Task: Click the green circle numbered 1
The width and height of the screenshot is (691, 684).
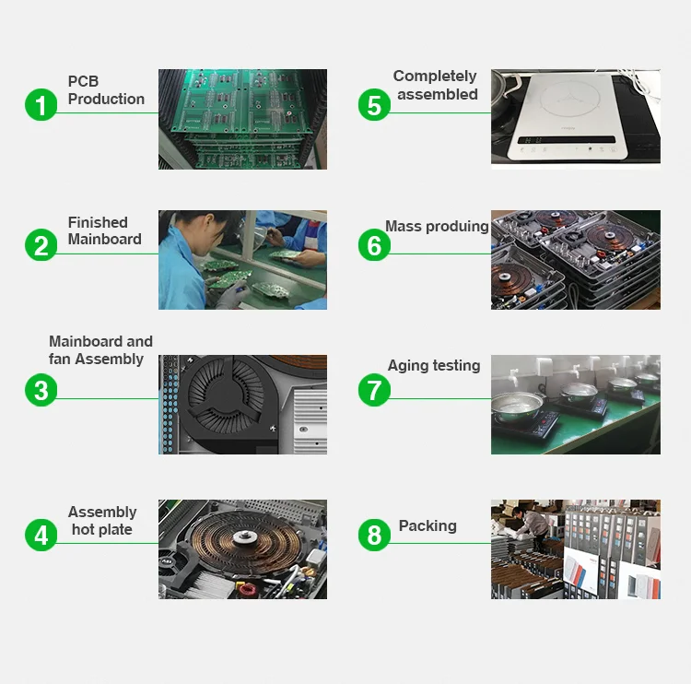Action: [x=41, y=104]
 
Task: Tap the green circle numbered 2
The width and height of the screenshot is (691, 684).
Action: [x=41, y=246]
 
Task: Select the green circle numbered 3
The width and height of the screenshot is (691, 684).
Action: [x=41, y=389]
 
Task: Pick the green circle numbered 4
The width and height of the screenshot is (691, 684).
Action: [x=41, y=534]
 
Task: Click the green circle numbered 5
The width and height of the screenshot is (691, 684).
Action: [x=374, y=104]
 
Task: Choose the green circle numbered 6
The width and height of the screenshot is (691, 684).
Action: [x=374, y=246]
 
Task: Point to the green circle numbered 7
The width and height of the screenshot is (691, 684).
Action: [x=374, y=389]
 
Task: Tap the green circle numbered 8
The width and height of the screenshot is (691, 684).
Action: [x=374, y=534]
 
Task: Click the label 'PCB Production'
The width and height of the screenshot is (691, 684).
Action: [x=105, y=90]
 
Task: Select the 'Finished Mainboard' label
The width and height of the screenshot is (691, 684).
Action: [x=104, y=230]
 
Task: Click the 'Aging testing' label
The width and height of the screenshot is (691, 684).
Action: [x=434, y=366]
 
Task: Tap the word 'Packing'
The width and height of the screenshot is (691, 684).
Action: [x=427, y=525]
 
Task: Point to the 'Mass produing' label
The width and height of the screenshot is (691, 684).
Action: [x=437, y=227]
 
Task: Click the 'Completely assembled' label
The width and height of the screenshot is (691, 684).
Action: [x=436, y=85]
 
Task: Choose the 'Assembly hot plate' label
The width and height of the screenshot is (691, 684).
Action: [x=101, y=521]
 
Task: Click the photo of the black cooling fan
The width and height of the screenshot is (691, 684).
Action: [x=242, y=405]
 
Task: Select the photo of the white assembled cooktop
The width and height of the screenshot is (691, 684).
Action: [x=575, y=119]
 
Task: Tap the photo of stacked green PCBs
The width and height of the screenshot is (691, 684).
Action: [x=242, y=119]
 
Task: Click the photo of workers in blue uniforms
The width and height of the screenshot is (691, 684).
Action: [x=242, y=260]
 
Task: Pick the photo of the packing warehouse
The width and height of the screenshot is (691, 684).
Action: [x=575, y=549]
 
